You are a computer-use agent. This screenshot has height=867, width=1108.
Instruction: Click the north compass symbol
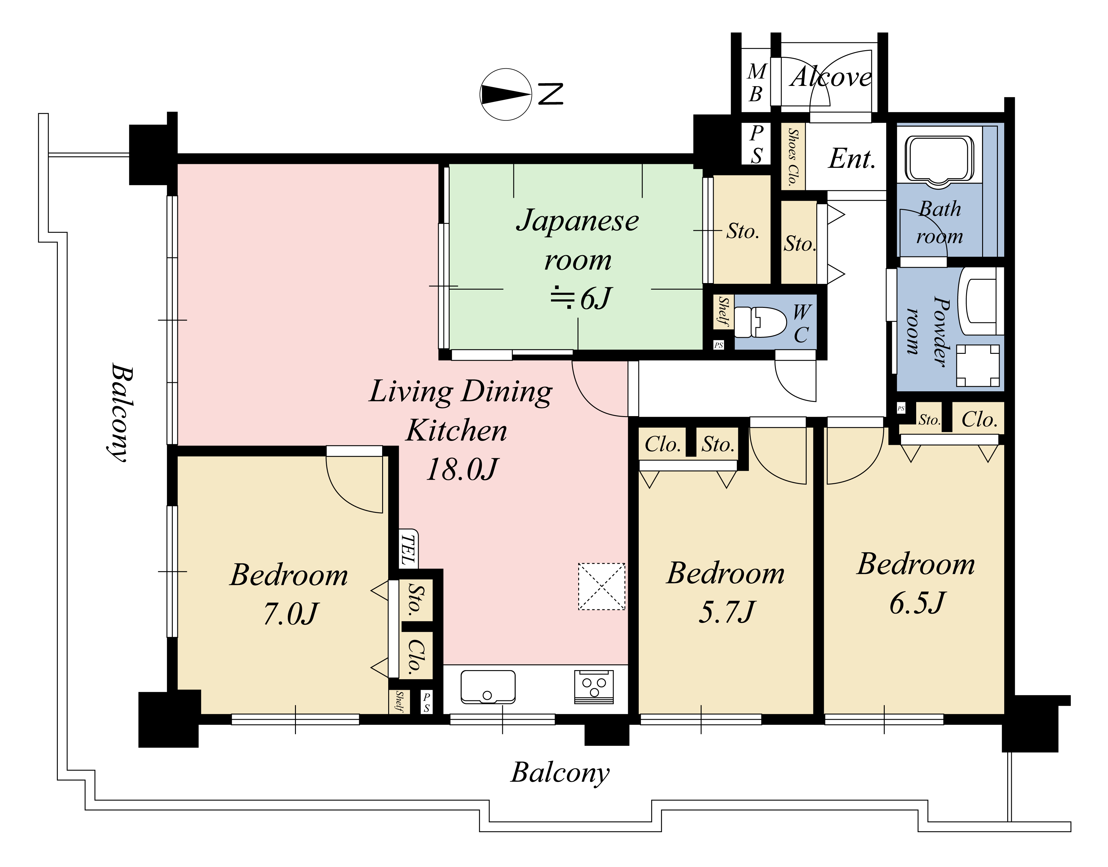click(x=506, y=94)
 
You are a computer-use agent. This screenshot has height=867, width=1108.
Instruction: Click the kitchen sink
click(x=487, y=687)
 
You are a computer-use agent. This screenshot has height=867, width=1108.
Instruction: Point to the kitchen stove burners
click(x=594, y=687)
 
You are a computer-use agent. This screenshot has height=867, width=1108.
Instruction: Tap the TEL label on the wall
click(x=408, y=549)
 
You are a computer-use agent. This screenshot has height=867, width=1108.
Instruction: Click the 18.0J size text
click(x=462, y=470)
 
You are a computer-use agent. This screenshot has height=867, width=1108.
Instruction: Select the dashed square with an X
click(x=602, y=586)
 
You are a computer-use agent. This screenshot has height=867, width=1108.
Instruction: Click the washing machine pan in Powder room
click(x=978, y=366)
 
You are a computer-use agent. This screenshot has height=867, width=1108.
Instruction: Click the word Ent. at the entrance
click(x=852, y=159)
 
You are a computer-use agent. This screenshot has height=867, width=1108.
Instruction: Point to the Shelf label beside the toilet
click(x=723, y=312)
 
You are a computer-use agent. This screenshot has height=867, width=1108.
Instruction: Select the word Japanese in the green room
click(x=577, y=221)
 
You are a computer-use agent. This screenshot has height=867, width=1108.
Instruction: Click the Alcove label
click(x=831, y=77)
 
